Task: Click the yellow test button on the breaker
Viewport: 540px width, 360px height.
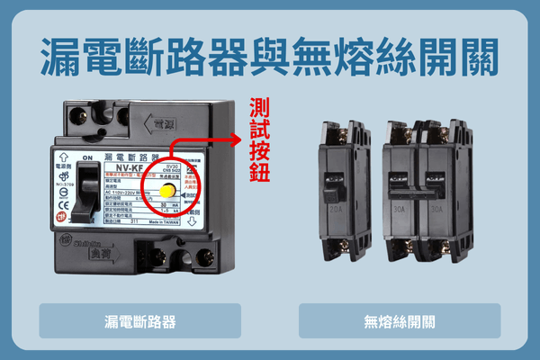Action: click(x=166, y=191)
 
